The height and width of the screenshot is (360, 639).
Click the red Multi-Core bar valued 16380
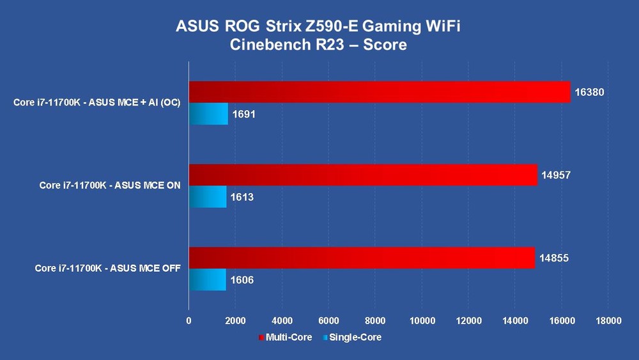(x=380, y=92)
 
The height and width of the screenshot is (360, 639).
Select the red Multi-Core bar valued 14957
(x=363, y=175)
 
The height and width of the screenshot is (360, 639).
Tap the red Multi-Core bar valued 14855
(x=362, y=258)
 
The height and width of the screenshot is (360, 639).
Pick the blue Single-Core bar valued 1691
(x=208, y=114)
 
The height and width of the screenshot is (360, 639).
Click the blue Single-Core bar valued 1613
(x=208, y=197)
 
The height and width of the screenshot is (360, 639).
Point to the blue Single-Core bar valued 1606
(x=208, y=279)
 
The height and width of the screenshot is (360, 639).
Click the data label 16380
(x=589, y=92)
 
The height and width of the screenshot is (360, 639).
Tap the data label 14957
(x=556, y=175)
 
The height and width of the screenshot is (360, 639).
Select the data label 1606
(x=243, y=280)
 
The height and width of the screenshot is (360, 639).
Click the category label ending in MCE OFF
(x=107, y=269)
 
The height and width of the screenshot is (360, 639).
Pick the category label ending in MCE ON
(x=110, y=185)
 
